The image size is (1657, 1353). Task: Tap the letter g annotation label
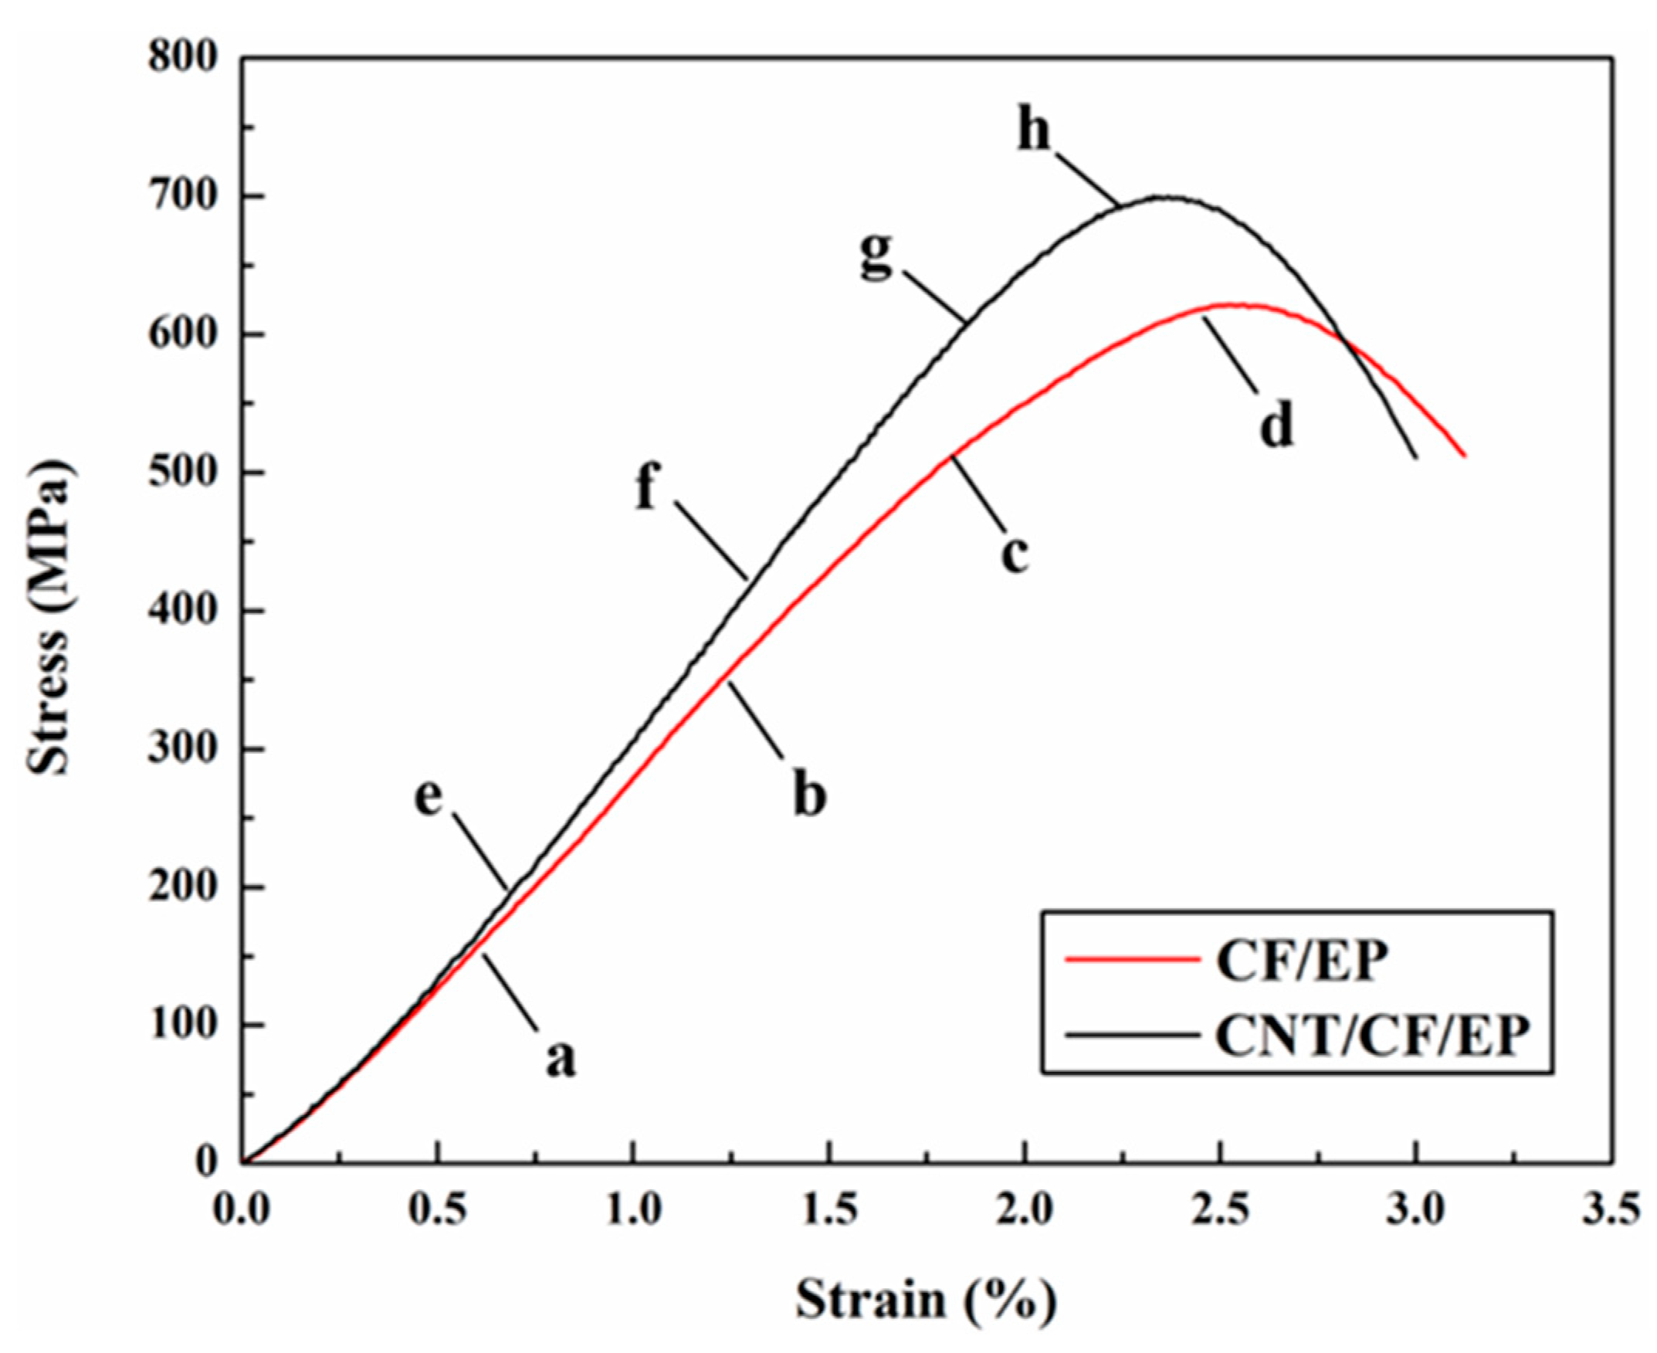pyautogui.click(x=877, y=256)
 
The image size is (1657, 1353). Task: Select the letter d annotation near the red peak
pyautogui.click(x=1277, y=424)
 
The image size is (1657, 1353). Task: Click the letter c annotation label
pyautogui.click(x=1015, y=554)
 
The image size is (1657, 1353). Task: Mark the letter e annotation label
pyautogui.click(x=428, y=795)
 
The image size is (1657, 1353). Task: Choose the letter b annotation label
pyautogui.click(x=808, y=793)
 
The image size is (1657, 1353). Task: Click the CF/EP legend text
pyautogui.click(x=1302, y=961)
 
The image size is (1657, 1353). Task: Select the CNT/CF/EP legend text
pyautogui.click(x=1372, y=1036)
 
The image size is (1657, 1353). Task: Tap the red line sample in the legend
pyautogui.click(x=1131, y=961)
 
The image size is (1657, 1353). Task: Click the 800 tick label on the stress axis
pyautogui.click(x=181, y=59)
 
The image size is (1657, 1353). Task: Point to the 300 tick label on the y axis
pyautogui.click(x=181, y=750)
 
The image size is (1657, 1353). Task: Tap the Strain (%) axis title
pyautogui.click(x=926, y=1299)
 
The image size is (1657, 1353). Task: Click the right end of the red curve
pyautogui.click(x=1466, y=456)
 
